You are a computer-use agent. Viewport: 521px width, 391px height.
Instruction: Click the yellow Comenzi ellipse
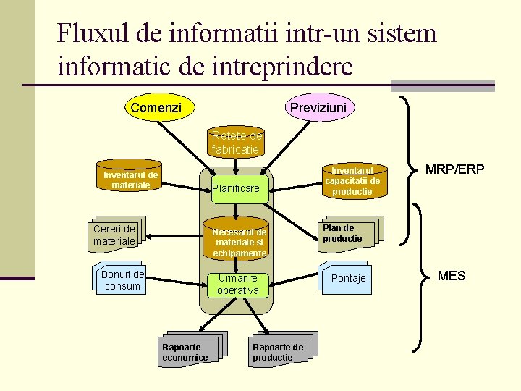pyautogui.click(x=156, y=108)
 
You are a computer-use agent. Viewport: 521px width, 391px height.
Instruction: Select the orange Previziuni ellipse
pyautogui.click(x=318, y=108)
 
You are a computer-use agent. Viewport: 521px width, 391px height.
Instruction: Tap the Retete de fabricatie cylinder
pyautogui.click(x=236, y=143)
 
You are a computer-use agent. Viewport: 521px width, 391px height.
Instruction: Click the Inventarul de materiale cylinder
pyautogui.click(x=130, y=180)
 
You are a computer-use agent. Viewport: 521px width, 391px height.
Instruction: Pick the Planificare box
pyautogui.click(x=236, y=188)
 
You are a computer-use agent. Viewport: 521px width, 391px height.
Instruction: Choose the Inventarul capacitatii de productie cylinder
pyautogui.click(x=352, y=180)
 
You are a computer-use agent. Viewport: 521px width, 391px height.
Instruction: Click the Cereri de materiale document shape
pyautogui.click(x=116, y=235)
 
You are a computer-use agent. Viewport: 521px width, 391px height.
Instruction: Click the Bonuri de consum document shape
pyautogui.click(x=120, y=279)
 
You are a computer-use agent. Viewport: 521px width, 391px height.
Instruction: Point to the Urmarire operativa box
pyautogui.click(x=237, y=285)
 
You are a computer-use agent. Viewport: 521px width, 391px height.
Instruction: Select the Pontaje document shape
pyautogui.click(x=347, y=278)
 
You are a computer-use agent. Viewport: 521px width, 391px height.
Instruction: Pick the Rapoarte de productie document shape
pyautogui.click(x=280, y=350)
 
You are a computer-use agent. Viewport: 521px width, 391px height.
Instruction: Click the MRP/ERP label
pyautogui.click(x=454, y=169)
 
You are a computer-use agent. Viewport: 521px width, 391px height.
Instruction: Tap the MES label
pyautogui.click(x=452, y=276)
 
